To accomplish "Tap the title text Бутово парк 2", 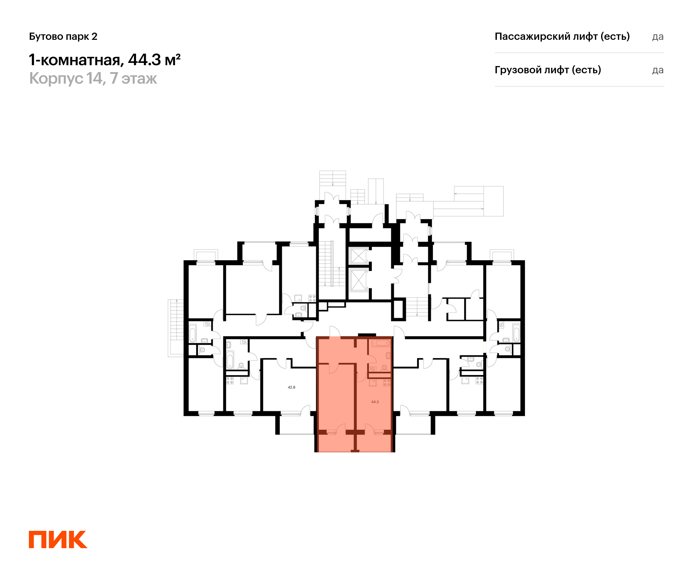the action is click(x=63, y=36).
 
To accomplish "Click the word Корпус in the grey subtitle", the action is click(x=56, y=78).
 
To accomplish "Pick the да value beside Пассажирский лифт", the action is click(x=658, y=37).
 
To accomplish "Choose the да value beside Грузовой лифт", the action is click(x=658, y=70).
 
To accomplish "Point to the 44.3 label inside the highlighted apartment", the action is click(x=375, y=402).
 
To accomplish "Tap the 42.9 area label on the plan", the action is click(x=291, y=387).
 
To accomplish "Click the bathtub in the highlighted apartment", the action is click(x=381, y=343).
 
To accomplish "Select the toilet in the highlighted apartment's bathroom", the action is click(x=384, y=368).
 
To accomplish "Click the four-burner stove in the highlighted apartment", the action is click(x=387, y=383).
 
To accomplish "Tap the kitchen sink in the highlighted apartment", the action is click(x=372, y=383).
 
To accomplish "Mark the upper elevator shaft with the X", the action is click(x=358, y=256).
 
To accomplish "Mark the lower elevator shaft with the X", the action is click(x=358, y=280).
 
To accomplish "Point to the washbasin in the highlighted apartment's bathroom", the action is click(x=388, y=355).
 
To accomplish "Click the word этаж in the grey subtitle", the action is click(x=139, y=78).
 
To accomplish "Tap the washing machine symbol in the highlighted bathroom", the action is click(x=372, y=369).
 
